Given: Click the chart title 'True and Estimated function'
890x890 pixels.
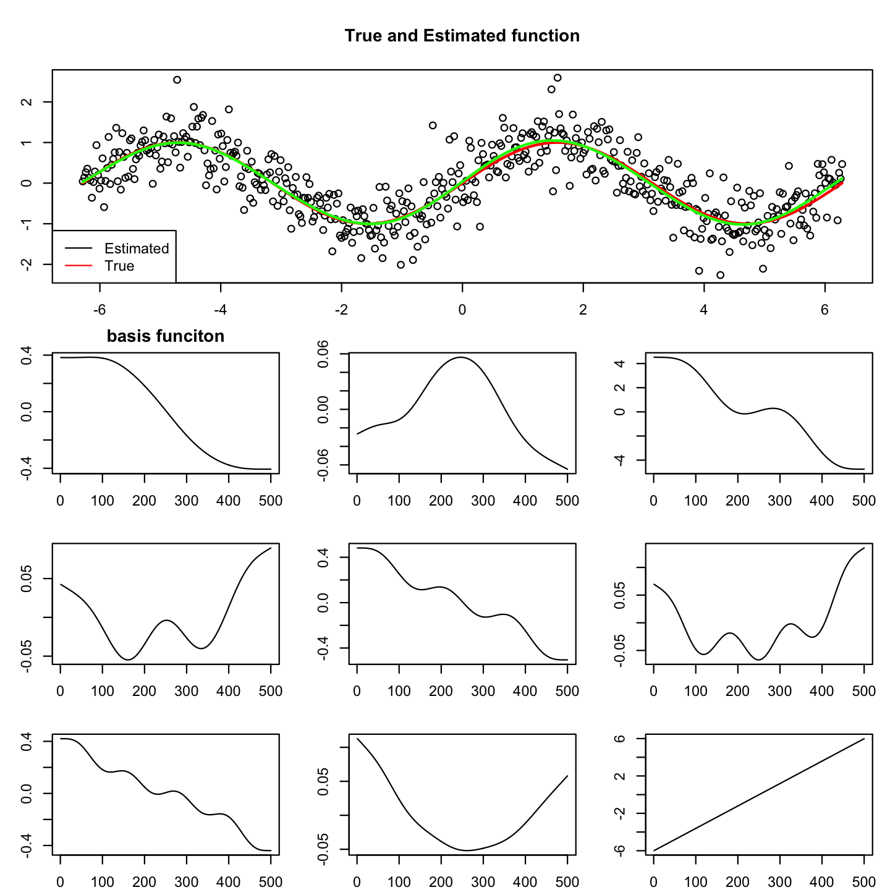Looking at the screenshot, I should [x=462, y=36].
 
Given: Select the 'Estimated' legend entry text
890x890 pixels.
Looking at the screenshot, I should [x=137, y=248].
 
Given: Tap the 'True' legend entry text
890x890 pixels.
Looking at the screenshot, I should [x=119, y=266].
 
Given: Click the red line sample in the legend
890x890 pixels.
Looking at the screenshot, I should [x=78, y=266].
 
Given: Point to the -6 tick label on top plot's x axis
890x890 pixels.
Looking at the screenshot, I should [x=99, y=310].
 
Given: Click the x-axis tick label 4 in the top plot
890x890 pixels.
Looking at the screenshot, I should [x=703, y=310].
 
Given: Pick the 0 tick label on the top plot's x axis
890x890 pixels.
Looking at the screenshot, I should [x=462, y=310].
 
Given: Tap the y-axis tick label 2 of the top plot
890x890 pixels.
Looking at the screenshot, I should [x=25, y=102].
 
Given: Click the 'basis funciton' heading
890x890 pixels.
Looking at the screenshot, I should [x=165, y=336].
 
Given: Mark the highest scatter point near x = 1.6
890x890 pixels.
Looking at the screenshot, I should [x=557, y=78].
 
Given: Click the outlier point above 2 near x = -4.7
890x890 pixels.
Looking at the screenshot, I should [x=177, y=80].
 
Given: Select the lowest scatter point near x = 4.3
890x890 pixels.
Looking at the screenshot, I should [x=721, y=275].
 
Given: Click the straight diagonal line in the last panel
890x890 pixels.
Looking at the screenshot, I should [x=759, y=795].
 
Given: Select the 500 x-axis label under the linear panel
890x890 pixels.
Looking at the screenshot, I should [x=863, y=881].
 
